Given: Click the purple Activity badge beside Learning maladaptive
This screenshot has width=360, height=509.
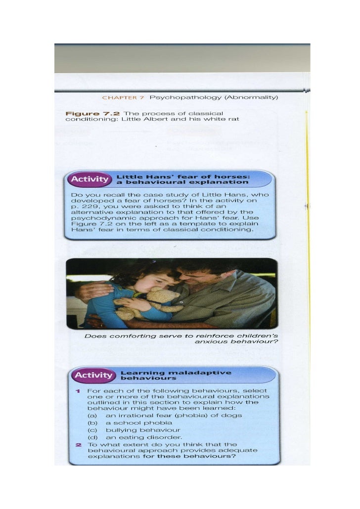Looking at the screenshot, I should [93, 375].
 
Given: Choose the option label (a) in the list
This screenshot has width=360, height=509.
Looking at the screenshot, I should [92, 416].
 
